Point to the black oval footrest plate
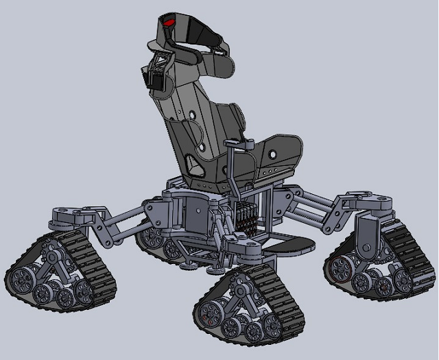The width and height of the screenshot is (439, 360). pyautogui.click(x=290, y=243)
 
